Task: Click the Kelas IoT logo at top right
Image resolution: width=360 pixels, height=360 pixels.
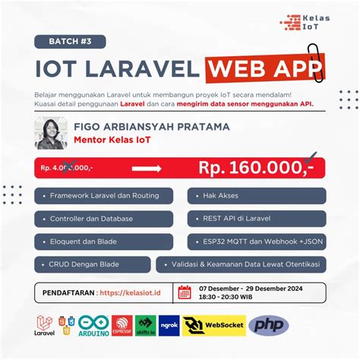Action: coord(304,22)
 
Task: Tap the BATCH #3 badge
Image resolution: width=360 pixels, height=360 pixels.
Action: coord(70,41)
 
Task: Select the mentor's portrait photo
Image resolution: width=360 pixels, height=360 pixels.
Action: coord(52,134)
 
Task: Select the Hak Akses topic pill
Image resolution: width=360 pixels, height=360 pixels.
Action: coord(257,195)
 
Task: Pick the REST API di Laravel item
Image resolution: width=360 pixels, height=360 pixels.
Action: coord(257,219)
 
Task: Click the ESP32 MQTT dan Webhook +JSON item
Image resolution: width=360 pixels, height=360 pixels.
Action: coord(257,242)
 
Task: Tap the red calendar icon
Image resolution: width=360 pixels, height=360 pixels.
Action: coord(184,292)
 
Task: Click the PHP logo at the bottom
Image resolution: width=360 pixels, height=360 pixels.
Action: coord(273,326)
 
